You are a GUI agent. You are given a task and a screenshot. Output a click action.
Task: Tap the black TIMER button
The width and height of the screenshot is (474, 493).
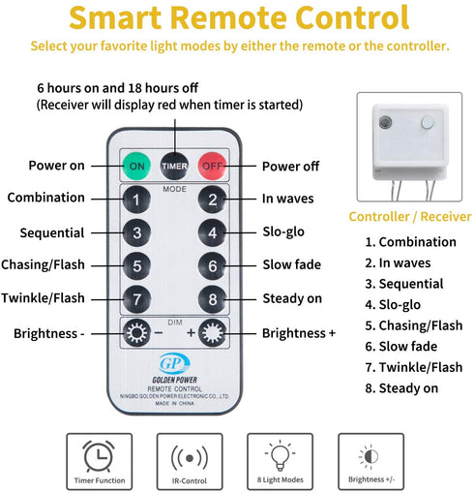coord(174,166)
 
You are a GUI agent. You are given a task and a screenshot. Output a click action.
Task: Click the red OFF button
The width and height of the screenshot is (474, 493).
coord(212,166)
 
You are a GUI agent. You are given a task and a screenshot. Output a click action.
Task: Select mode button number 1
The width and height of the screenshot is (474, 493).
coord(136,200)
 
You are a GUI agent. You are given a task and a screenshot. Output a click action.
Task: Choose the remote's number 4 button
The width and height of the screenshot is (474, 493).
coord(212,232)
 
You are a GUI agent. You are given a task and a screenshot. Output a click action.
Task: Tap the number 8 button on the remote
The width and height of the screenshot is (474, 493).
coord(212,299)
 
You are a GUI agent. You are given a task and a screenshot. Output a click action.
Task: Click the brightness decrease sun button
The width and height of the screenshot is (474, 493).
coord(136,333)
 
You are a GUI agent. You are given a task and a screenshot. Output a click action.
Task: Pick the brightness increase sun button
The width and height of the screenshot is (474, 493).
coord(212,333)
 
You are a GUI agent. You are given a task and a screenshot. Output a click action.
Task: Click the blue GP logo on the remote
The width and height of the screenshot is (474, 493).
coord(174,363)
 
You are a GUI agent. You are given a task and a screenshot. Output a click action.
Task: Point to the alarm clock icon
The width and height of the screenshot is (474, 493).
coord(99,456)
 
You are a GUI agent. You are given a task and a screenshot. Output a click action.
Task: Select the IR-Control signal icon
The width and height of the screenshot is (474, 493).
coord(190,457)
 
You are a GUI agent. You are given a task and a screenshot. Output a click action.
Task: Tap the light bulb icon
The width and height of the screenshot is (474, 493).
coord(280,455)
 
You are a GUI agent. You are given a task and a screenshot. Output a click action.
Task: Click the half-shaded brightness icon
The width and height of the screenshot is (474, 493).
coord(370,456)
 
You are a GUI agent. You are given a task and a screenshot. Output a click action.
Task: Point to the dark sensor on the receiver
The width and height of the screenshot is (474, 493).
coord(385,122)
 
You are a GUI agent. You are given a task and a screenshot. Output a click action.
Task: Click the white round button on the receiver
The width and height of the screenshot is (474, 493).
coord(428,123)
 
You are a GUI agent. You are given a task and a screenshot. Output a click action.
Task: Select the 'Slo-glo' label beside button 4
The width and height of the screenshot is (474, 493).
coord(283,231)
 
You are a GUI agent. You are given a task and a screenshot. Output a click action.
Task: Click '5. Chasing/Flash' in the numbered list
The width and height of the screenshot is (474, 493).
coord(414,325)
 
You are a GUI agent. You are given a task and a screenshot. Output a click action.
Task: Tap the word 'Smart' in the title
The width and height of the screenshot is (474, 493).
coord(115,17)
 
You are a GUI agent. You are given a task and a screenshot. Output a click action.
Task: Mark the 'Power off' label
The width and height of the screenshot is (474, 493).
coord(290,167)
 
